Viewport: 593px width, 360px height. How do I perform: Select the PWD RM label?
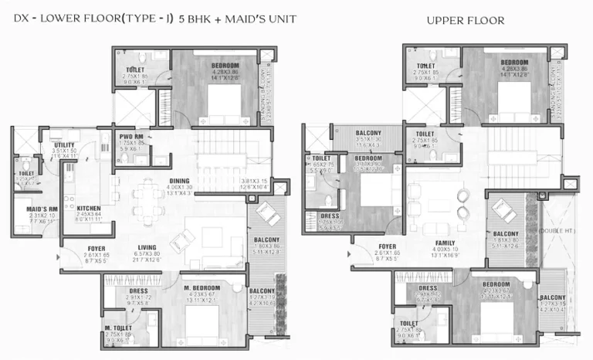coord(133,136)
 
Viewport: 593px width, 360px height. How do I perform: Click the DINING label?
coord(179,182)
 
